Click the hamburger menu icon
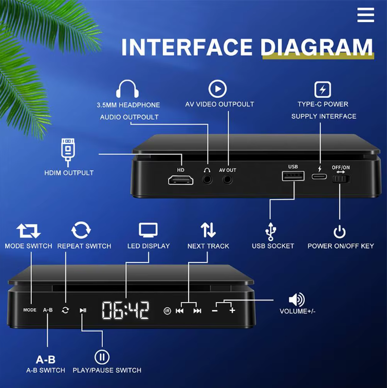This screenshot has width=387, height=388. click(365, 14)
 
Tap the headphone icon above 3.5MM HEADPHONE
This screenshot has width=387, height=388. click(128, 89)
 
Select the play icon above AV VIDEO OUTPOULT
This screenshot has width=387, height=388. click(217, 89)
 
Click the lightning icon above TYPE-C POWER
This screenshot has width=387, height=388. click(322, 90)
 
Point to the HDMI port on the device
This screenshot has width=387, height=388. click(180, 180)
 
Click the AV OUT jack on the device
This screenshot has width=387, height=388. click(228, 180)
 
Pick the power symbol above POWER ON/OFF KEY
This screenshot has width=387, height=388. click(339, 231)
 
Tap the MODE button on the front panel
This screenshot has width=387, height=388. click(30, 310)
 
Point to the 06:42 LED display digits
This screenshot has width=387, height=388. click(125, 310)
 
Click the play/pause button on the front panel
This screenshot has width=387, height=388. click(83, 310)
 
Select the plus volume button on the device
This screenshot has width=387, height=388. click(232, 310)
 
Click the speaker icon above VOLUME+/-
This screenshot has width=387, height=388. click(297, 299)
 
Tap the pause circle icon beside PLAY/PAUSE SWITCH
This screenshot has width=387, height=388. click(102, 357)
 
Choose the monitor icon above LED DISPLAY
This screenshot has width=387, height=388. click(148, 231)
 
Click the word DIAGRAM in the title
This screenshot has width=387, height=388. click(316, 47)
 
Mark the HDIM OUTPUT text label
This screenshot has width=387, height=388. click(69, 173)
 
